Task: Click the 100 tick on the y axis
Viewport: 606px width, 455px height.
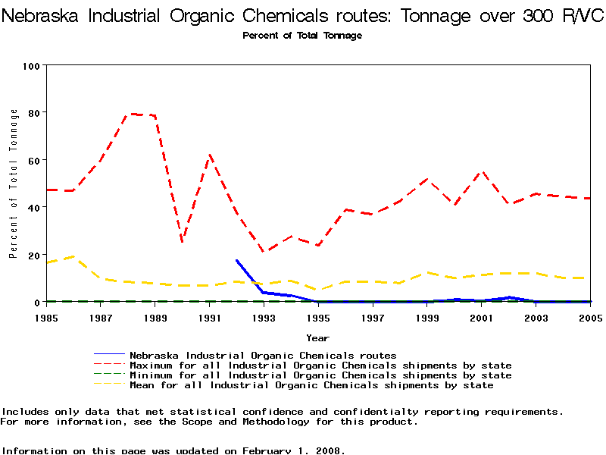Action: coord(30,66)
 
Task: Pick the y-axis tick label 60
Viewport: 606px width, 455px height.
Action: coord(33,160)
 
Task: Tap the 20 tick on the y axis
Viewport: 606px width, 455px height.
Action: coord(33,255)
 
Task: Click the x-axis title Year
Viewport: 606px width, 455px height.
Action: coord(317,337)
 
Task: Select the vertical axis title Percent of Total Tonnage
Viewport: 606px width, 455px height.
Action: coord(14,184)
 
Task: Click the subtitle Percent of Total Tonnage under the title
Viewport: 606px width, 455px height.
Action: coord(302,36)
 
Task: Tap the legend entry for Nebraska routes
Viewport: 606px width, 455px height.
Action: coord(263,355)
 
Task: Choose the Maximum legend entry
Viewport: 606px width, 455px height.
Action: coord(320,366)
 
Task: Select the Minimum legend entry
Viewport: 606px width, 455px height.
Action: coord(320,375)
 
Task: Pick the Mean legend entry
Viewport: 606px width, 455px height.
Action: coord(311,385)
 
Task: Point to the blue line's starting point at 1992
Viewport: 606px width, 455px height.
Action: coord(237,260)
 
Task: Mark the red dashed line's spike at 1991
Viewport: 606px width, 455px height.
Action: coord(210,155)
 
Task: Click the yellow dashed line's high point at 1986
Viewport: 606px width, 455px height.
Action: coord(73,256)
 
